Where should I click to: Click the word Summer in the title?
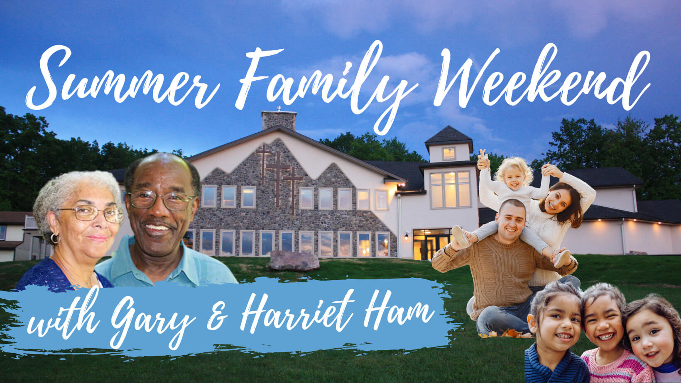122,79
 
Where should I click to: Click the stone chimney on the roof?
279,120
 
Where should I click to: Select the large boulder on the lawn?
294,261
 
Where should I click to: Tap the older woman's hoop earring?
55,238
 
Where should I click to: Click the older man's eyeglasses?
161,200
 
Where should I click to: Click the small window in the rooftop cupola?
449,153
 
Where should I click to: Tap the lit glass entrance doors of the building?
432,245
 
